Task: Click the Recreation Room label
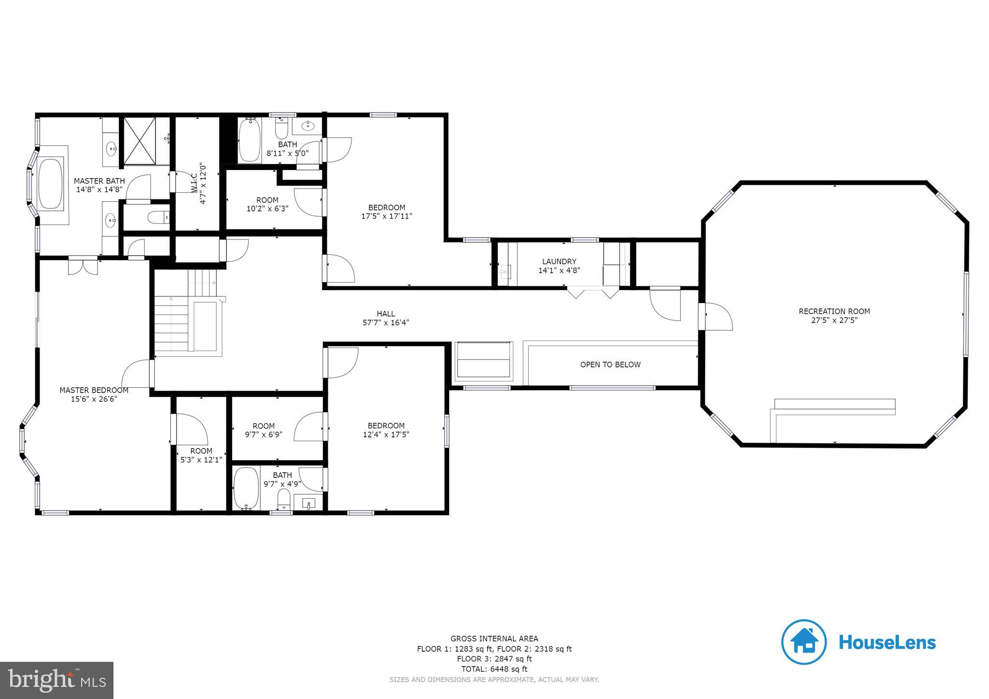pyautogui.click(x=834, y=311)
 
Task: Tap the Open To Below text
pyautogui.click(x=610, y=364)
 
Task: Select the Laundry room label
pyautogui.click(x=559, y=262)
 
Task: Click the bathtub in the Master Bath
pyautogui.click(x=50, y=183)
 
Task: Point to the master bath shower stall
pyautogui.click(x=140, y=141)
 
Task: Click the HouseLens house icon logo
pyautogui.click(x=804, y=642)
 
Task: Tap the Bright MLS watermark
pyautogui.click(x=57, y=680)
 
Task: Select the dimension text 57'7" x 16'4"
pyautogui.click(x=385, y=322)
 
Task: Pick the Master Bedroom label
pyautogui.click(x=94, y=390)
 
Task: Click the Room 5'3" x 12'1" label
pyautogui.click(x=201, y=451)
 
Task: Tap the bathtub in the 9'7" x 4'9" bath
pyautogui.click(x=246, y=488)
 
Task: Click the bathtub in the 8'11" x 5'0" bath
pyautogui.click(x=250, y=140)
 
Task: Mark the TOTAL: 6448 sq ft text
pyautogui.click(x=494, y=669)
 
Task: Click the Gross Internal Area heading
pyautogui.click(x=494, y=639)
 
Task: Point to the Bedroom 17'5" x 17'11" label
pyautogui.click(x=386, y=208)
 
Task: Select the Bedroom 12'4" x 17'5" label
pyautogui.click(x=386, y=426)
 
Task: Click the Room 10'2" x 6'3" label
pyautogui.click(x=267, y=200)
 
